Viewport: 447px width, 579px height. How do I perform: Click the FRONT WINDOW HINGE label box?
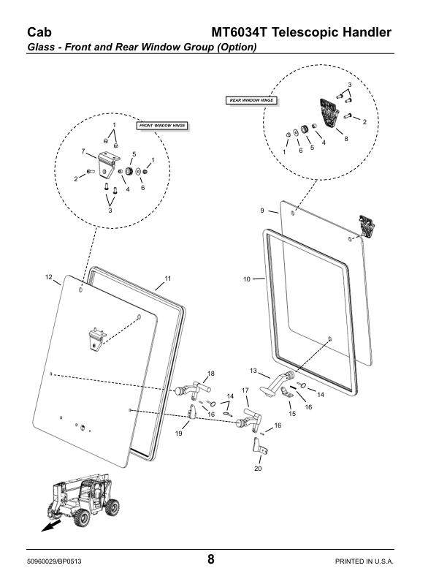162,126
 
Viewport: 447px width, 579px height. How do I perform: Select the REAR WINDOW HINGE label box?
253,99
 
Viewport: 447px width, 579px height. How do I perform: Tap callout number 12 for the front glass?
49,277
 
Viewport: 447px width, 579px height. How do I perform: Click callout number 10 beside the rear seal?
247,279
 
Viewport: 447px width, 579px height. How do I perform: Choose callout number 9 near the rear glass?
262,211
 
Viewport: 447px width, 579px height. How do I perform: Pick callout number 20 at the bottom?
258,469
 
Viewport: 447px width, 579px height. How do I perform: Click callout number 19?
178,434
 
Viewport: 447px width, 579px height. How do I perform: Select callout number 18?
211,374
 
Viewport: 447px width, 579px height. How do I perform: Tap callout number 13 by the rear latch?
253,371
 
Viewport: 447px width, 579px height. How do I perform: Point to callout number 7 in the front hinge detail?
84,151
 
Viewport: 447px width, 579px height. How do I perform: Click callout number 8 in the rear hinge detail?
345,138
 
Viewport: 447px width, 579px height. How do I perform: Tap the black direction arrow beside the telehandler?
49,526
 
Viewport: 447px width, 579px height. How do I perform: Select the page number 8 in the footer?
210,560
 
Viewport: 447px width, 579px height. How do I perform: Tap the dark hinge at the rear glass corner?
367,226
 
